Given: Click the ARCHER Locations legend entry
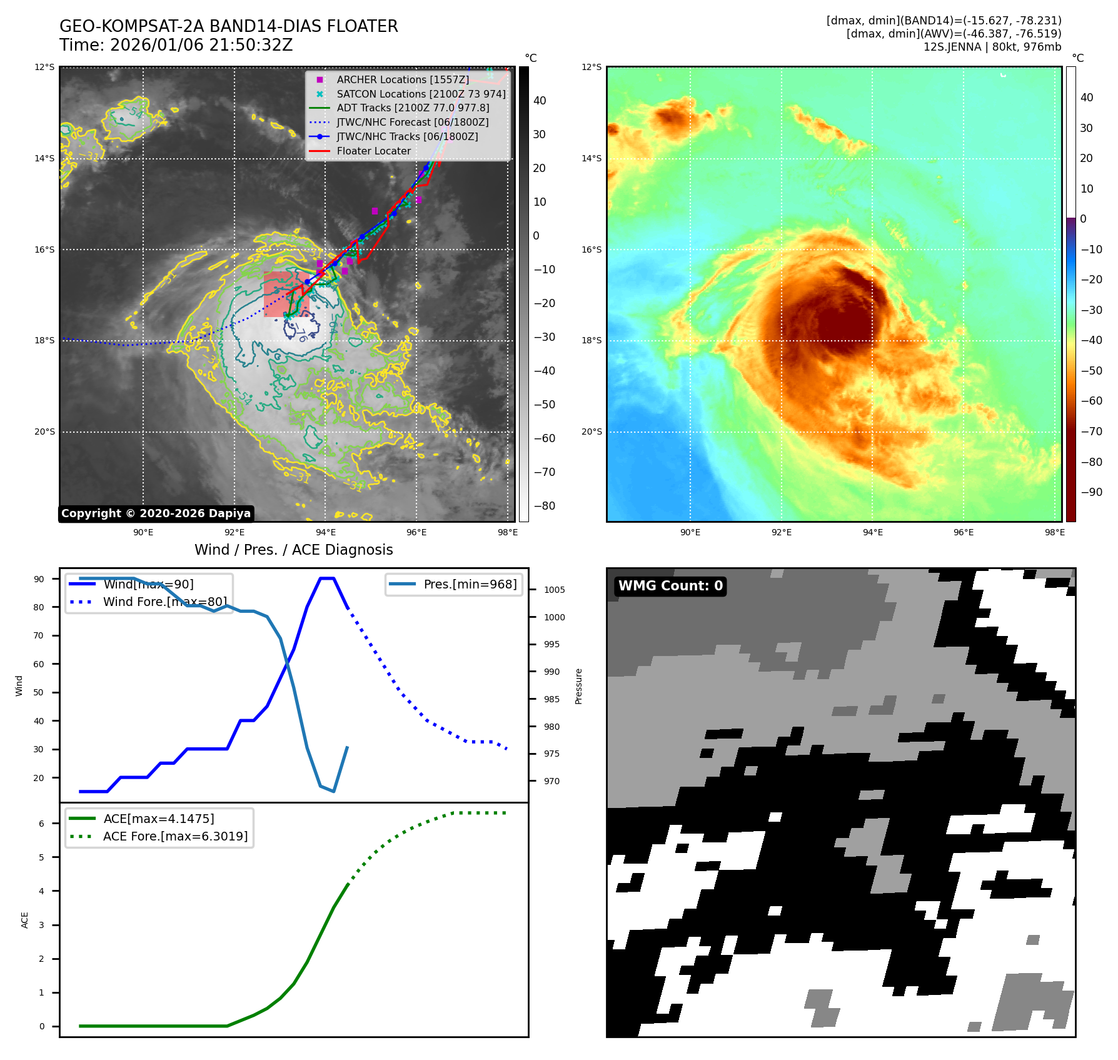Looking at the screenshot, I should pos(402,79).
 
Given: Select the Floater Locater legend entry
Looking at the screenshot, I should pos(373,151).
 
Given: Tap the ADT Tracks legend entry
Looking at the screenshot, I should pos(413,108).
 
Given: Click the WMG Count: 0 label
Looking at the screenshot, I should pos(670,586).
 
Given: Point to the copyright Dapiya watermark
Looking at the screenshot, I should pos(156,513).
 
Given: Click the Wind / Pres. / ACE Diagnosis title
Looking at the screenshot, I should pos(293,550).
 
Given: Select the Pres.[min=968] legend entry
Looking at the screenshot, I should pos(470,584).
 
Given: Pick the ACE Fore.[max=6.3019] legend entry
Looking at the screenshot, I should pos(175,836).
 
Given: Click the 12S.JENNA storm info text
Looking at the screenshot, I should pos(992,47).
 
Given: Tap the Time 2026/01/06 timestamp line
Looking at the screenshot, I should pos(176,45).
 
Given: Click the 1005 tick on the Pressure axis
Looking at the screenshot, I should pos(554,590).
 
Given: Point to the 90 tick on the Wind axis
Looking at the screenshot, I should pos(39,579).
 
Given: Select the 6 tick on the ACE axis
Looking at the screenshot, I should pos(42,824).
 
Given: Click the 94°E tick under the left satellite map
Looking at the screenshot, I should pos(325,532).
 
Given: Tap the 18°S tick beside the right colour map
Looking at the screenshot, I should pos(591,341).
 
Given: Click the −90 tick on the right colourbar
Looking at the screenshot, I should pos(1091,492).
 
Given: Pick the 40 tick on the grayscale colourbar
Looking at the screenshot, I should pos(539,101).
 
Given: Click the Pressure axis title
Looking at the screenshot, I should pos(578,686).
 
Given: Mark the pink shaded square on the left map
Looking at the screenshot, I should pos(286,294).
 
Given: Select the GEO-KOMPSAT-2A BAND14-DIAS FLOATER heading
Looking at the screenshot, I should pos(228,26).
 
